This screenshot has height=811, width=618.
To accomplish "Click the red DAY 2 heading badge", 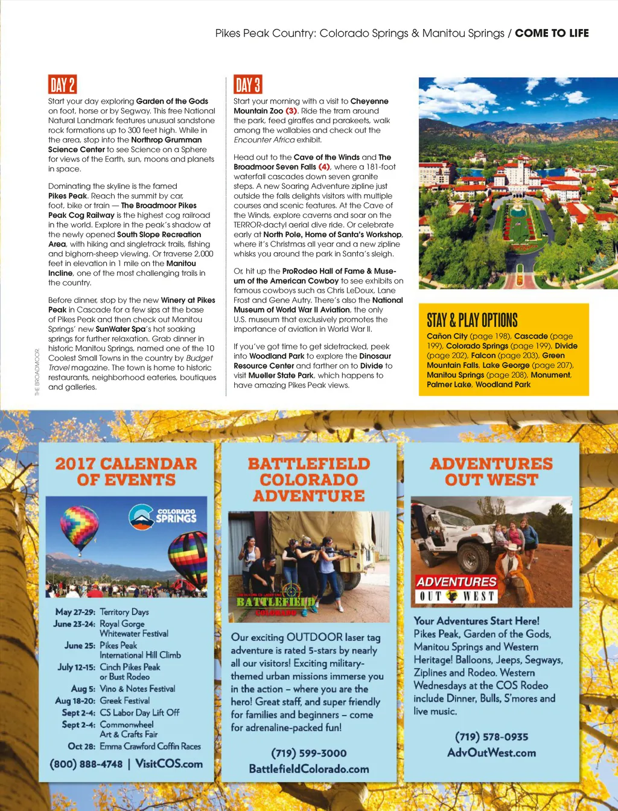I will click(62, 84).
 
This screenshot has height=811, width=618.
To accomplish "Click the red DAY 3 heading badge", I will click(247, 84).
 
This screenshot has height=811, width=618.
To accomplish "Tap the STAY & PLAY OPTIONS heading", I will click(472, 320).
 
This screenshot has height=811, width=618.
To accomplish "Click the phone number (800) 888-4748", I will click(86, 764).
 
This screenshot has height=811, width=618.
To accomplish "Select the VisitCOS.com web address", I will click(169, 763).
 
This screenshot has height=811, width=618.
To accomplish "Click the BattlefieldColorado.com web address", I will click(309, 769).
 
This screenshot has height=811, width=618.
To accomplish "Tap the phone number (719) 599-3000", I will click(309, 753).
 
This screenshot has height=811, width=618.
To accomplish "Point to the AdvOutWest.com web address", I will click(491, 752).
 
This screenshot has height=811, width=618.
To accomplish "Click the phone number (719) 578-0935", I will click(491, 737).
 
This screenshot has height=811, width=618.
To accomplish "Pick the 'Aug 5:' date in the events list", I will click(83, 689).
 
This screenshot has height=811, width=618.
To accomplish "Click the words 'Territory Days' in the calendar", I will click(124, 612).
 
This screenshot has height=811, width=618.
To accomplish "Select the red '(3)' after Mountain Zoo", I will click(291, 111).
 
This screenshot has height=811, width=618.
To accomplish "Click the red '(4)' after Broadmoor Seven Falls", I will click(324, 167).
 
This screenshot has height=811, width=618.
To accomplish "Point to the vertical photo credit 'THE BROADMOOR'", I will click(37, 372).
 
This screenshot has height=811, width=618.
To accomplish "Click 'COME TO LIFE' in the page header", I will click(552, 33).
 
